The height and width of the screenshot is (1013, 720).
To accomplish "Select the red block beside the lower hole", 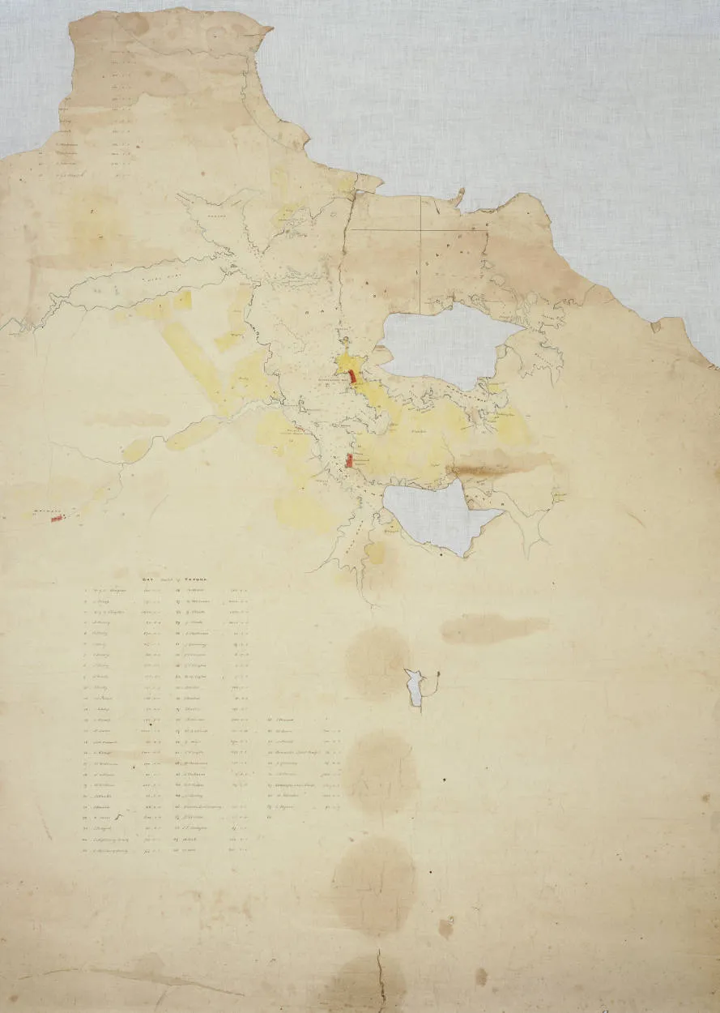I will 349,461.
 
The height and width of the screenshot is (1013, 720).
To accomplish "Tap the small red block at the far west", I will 57,518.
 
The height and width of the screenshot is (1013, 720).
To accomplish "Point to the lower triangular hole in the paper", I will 438,514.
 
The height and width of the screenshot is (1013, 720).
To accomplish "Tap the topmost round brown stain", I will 377,661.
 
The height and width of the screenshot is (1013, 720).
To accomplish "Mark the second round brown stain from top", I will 381,770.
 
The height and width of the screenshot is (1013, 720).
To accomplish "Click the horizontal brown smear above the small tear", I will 494,628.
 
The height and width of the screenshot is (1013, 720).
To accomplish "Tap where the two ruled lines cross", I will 420,229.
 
